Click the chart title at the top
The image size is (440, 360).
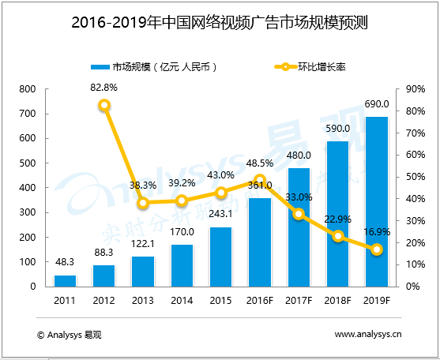pos(220,23)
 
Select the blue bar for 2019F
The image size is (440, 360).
pos(376,201)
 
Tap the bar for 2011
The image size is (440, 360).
pos(65,280)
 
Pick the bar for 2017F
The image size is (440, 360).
pos(299,227)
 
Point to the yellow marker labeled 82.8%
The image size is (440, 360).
pos(104,105)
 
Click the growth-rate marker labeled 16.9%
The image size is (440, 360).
pos(377,249)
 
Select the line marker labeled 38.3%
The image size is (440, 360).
pos(143,203)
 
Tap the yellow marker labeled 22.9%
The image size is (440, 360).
pos(337,236)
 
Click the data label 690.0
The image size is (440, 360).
pos(376,104)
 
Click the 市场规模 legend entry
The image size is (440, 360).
pos(154,67)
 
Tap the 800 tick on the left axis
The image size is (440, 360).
pos(28,89)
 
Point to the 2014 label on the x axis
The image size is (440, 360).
pos(182,301)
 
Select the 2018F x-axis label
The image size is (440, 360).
pos(337,301)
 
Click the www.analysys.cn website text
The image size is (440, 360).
pos(368,335)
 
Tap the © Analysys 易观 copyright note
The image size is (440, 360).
pos(69,335)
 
